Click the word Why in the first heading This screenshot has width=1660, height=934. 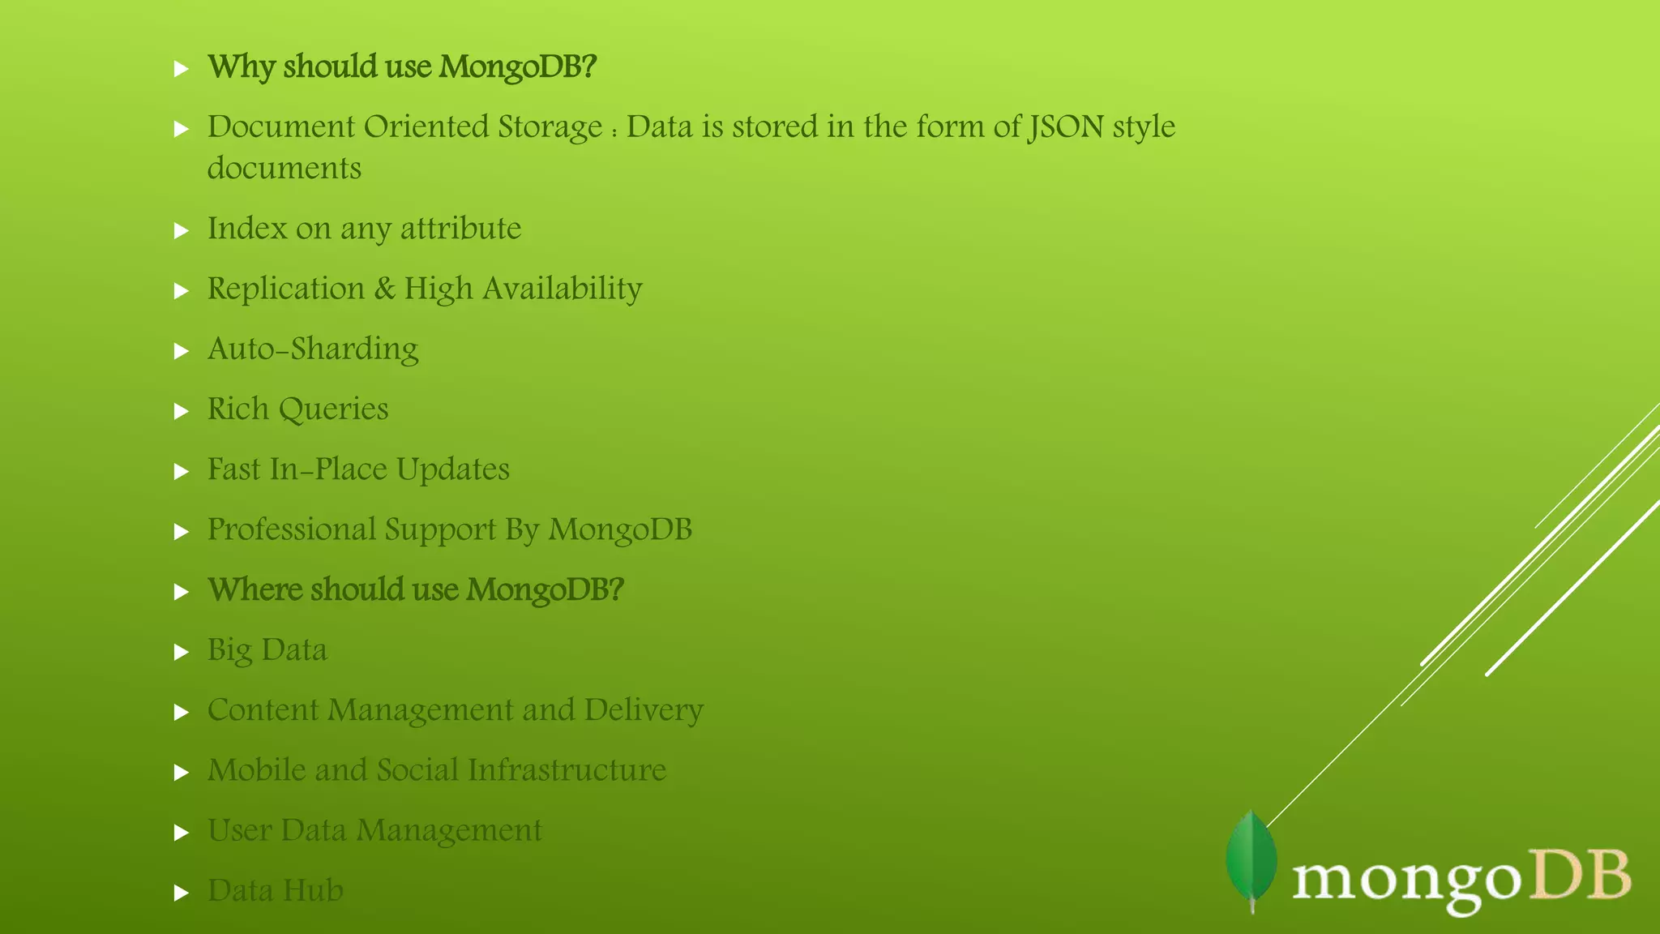[x=241, y=66]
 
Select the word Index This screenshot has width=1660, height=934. [x=247, y=229]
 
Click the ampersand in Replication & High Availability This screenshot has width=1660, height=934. [x=384, y=289]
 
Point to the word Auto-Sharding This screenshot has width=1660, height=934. [x=313, y=349]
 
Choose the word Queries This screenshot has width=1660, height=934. [x=333, y=409]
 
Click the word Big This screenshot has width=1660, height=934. [x=229, y=650]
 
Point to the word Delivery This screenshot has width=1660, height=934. [x=644, y=710]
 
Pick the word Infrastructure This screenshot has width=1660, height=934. [x=567, y=770]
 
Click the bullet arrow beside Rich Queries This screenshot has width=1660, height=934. [x=182, y=411]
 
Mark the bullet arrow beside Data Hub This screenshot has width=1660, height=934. [x=182, y=893]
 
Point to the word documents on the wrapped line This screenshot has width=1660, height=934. [x=285, y=169]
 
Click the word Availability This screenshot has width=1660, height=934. [x=563, y=289]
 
